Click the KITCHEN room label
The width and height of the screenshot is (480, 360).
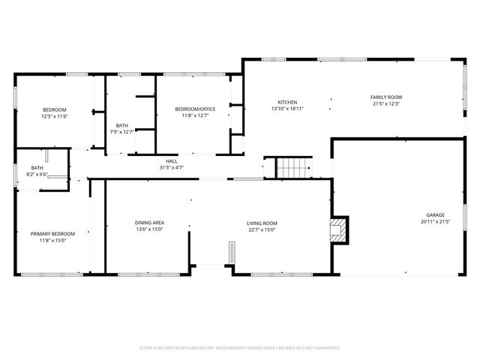[287, 102]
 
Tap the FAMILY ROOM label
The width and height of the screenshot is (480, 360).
[386, 97]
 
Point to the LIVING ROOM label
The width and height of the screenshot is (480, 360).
[262, 223]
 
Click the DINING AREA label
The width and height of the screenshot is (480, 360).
[149, 223]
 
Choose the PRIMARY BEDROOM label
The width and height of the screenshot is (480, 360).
[52, 234]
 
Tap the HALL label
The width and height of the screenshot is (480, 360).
[171, 161]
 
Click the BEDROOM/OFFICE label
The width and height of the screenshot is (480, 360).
[195, 109]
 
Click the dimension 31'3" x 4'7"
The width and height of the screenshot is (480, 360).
[171, 167]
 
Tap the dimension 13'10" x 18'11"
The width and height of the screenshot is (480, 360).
[287, 109]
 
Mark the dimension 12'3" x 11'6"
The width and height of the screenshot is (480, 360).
[55, 116]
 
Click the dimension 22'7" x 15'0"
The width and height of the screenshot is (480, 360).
[262, 229]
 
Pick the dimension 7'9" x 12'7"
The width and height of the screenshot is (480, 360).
[121, 132]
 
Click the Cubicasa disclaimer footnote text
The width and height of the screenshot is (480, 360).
[240, 348]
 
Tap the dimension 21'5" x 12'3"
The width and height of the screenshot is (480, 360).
[386, 103]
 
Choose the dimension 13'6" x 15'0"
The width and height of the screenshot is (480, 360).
[149, 229]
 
